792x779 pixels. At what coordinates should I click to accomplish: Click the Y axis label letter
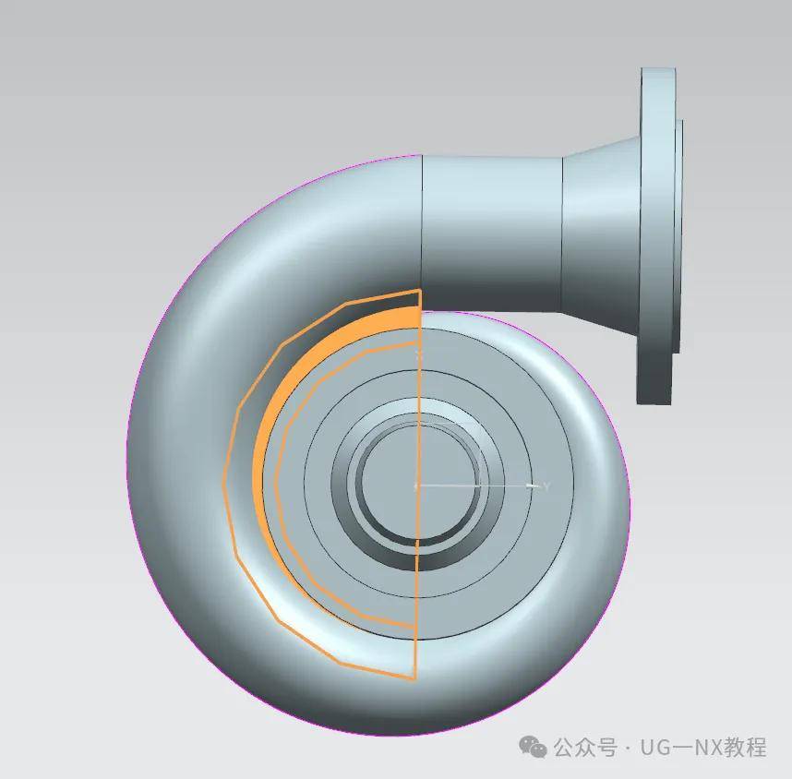546,485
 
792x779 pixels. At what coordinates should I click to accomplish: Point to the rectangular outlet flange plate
657,235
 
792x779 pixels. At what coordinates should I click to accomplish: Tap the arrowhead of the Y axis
531,485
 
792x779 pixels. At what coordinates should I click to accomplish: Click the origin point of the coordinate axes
416,485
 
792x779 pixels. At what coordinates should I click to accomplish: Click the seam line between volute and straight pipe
422,222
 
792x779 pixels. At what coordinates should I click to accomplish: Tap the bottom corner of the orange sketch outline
414,679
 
